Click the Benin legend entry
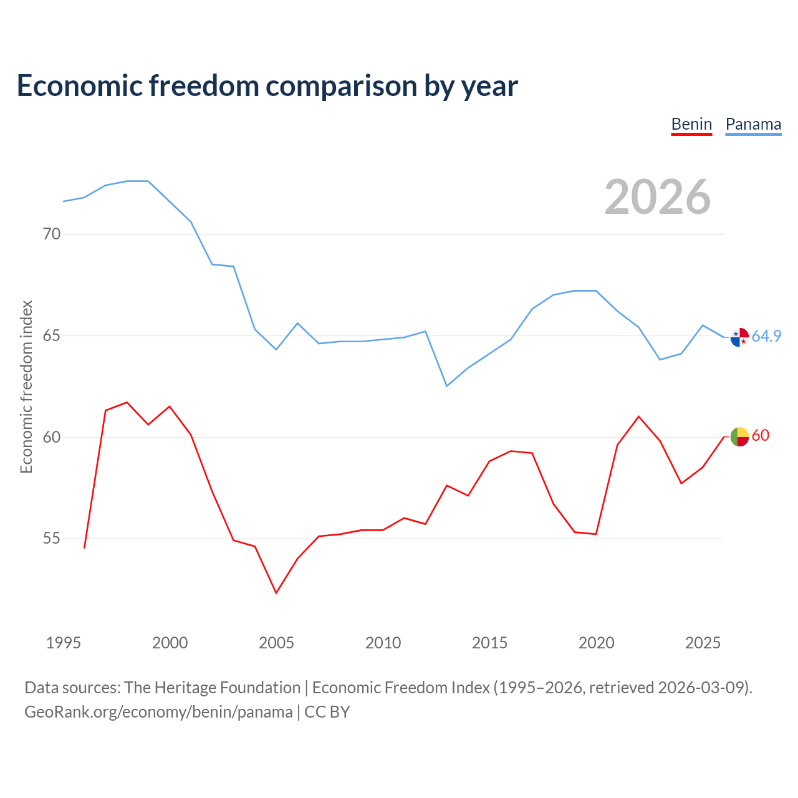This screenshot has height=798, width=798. tap(691, 124)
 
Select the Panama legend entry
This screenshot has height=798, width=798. tap(753, 124)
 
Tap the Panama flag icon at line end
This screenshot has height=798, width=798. tap(739, 337)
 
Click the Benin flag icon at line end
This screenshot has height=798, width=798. tap(739, 436)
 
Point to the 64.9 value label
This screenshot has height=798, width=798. tap(766, 336)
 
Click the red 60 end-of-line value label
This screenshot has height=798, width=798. tap(761, 435)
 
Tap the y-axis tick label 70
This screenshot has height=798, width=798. tap(52, 234)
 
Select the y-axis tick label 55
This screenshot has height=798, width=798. tap(52, 538)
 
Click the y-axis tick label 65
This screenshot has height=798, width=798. tap(52, 335)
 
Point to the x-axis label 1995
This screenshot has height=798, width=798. tap(64, 643)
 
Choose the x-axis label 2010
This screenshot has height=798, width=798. tap(383, 643)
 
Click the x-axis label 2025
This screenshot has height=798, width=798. tap(703, 643)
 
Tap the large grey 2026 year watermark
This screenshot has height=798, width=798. tap(658, 197)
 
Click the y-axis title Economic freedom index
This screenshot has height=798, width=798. tap(27, 387)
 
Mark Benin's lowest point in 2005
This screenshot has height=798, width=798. tap(276, 593)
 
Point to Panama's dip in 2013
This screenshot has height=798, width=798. tap(447, 386)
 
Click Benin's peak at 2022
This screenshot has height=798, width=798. tap(638, 416)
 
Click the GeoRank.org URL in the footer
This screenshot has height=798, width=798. tap(158, 712)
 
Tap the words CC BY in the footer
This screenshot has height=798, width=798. tap(327, 712)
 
